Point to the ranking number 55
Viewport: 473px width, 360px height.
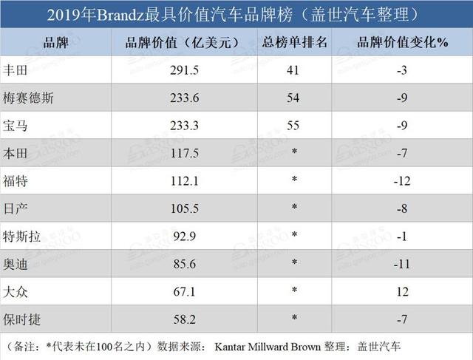point(293,126)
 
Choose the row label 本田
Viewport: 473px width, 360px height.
point(15,154)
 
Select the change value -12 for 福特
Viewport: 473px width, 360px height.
point(402,182)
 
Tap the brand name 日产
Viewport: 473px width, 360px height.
point(15,209)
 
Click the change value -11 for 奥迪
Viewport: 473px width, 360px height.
point(402,265)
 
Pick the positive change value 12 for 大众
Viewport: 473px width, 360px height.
point(402,293)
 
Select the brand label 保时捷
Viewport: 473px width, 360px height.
point(21,320)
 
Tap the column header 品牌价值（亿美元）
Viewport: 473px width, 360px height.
point(184,42)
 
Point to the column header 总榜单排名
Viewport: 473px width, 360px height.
point(293,42)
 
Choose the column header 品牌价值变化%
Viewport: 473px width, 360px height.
point(402,42)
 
